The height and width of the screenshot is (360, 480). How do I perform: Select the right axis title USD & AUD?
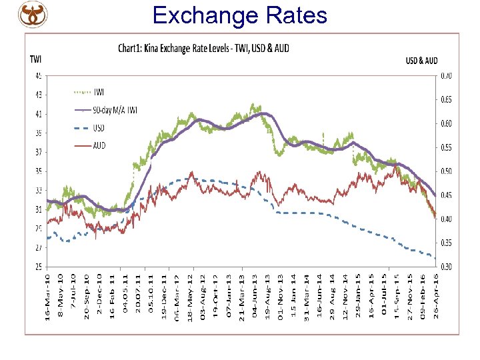click(x=421, y=61)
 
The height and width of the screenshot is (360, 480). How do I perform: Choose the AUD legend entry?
click(x=99, y=145)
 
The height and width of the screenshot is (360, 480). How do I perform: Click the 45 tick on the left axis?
click(x=38, y=75)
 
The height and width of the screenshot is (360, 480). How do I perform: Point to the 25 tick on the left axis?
click(x=38, y=267)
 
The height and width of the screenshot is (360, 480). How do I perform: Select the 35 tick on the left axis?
click(x=38, y=171)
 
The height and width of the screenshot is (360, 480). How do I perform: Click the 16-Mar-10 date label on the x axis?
click(x=47, y=297)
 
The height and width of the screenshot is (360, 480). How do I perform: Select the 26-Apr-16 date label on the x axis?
click(x=436, y=297)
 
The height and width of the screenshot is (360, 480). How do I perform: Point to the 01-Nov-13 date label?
click(x=280, y=297)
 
